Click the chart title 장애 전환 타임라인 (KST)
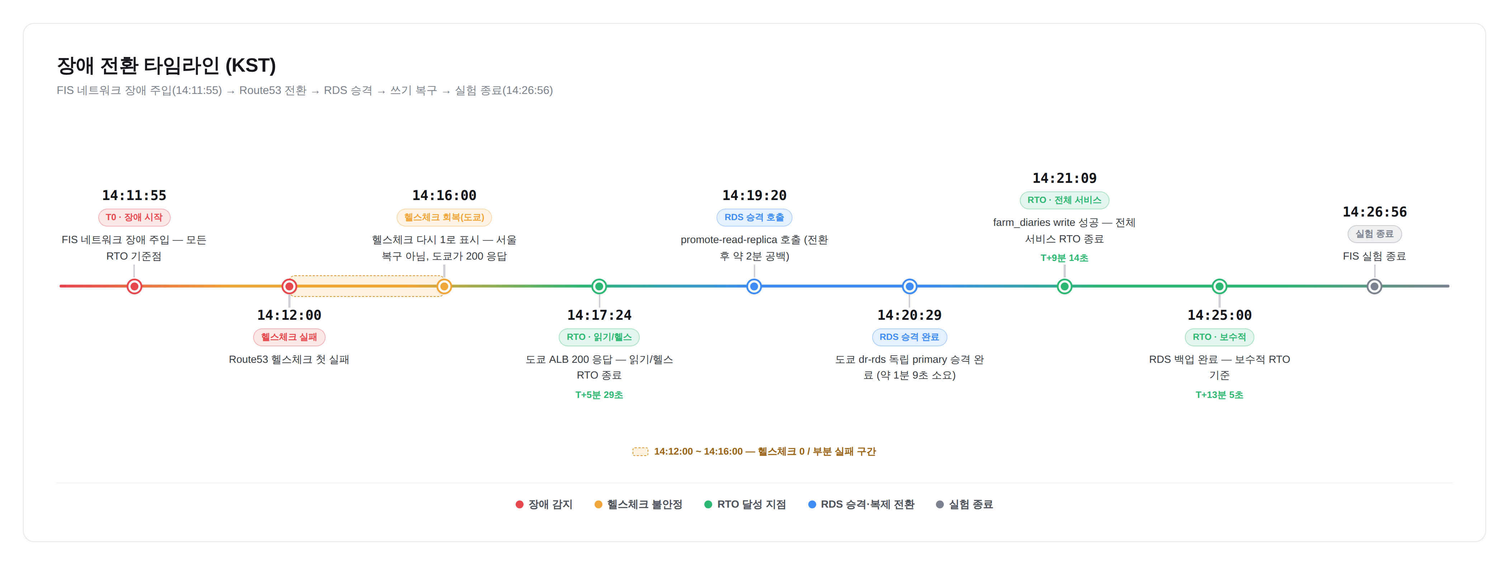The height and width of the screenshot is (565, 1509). point(166,66)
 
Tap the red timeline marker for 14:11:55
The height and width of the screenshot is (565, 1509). point(134,286)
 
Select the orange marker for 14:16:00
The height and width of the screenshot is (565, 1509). point(444,286)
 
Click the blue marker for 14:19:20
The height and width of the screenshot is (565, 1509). point(754,286)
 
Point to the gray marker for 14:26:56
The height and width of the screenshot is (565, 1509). point(1374,286)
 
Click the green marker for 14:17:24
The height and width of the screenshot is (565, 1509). point(599,286)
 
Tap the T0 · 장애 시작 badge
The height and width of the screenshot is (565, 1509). point(134,217)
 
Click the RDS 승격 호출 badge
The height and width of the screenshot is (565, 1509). point(754,217)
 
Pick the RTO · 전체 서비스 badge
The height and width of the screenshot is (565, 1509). point(1064,200)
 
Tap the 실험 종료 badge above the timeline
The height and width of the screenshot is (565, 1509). point(1374,234)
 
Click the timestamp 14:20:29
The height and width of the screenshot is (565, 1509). point(909,315)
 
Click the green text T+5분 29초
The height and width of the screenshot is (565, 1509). point(599,395)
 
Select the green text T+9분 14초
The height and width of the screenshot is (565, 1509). point(1064,258)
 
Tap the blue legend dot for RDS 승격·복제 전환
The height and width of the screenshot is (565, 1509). point(812,504)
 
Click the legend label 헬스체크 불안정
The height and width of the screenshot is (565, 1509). point(644,504)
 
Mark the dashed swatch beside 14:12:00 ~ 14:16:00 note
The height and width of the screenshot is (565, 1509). point(640,451)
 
